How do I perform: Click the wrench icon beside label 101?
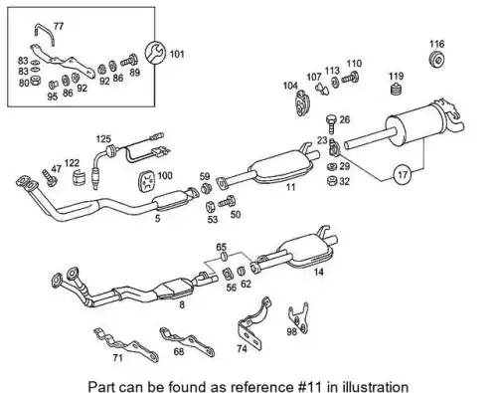tap(155, 53)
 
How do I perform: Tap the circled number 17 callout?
tap(403, 174)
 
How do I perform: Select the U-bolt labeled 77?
tap(43, 33)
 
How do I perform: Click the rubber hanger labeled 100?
tap(147, 181)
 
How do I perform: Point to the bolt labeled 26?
tap(331, 123)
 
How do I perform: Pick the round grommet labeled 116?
tap(437, 60)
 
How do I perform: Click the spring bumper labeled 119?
tap(396, 89)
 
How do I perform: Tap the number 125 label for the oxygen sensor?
tap(103, 139)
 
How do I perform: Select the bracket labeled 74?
tap(253, 326)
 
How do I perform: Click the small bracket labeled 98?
tap(299, 317)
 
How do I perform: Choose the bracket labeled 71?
tap(126, 345)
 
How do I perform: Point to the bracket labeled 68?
tap(187, 342)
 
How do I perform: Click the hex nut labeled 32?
tap(332, 181)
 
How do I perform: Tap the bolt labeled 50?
tap(227, 201)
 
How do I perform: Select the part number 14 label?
tap(318, 272)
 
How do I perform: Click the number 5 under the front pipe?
tap(158, 219)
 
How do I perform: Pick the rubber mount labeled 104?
tap(302, 102)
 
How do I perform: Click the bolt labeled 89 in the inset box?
tap(129, 60)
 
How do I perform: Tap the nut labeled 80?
tap(35, 81)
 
